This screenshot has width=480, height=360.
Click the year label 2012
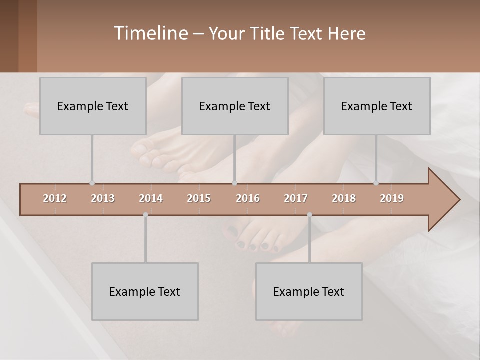coord(55,198)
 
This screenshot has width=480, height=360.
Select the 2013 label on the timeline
coord(103,198)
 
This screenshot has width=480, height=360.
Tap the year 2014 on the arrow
coord(151,198)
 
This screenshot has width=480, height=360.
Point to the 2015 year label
coord(199,198)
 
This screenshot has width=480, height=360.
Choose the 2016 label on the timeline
coord(248,198)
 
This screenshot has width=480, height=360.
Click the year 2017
coord(296,198)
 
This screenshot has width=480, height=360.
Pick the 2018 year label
coord(344,198)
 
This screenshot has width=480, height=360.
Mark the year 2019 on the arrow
coord(392,198)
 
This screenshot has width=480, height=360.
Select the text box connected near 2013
coord(92,106)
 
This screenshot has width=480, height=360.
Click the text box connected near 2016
coord(234,106)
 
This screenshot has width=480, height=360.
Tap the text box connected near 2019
coord(376,106)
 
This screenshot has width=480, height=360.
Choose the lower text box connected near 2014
coord(144,292)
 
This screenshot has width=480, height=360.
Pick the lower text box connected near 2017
coord(308,292)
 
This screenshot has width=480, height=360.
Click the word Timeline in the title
coord(150,33)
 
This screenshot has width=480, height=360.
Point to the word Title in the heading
coord(269,34)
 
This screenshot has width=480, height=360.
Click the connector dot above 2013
coord(92,183)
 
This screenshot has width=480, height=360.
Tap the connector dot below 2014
coord(145,215)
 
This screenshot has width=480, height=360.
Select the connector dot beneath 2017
coord(309,215)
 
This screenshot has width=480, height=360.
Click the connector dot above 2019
coord(376,183)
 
